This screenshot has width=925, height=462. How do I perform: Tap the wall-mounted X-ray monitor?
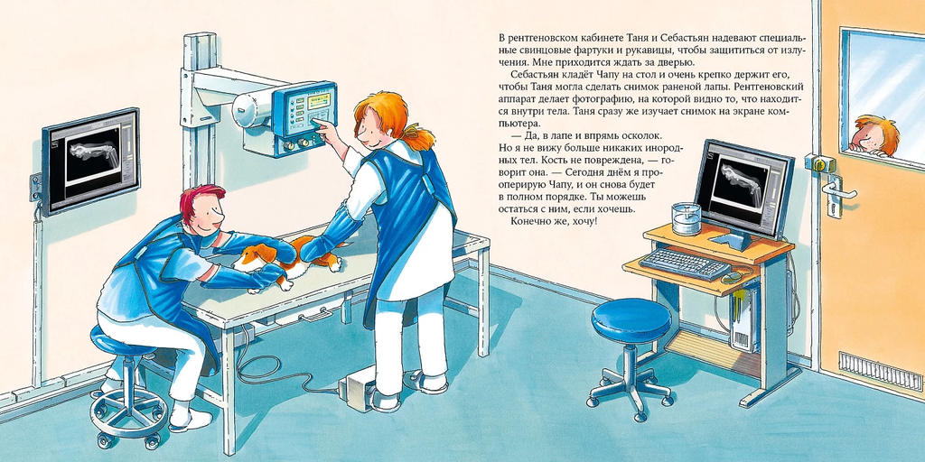90,161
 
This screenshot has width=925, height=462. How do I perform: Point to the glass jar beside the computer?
687,218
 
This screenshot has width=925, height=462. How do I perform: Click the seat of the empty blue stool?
631,319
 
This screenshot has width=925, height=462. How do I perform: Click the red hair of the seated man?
201,199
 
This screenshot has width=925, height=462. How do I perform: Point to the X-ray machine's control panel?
306,114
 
